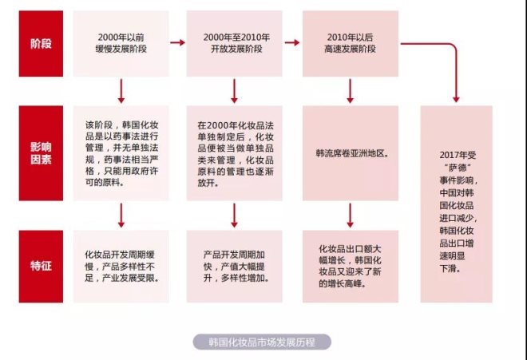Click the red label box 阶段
(x=41, y=43)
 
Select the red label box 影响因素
(x=41, y=153)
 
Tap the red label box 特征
(x=41, y=267)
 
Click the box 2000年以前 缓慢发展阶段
(x=121, y=43)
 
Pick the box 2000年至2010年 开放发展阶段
(x=235, y=43)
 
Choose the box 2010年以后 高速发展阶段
(x=351, y=43)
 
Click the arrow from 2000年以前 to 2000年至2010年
(x=178, y=42)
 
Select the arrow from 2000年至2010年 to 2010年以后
(x=292, y=42)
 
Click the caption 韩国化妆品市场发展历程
(x=262, y=342)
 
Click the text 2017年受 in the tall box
(x=458, y=155)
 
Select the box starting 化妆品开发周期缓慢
(x=121, y=267)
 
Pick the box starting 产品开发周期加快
(x=235, y=267)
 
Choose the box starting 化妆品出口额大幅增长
(x=351, y=267)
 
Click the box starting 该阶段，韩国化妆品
(x=121, y=153)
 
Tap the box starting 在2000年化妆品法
(x=235, y=153)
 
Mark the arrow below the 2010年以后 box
(x=351, y=91)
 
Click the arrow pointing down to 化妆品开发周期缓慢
(x=121, y=216)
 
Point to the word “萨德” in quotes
(x=458, y=168)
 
